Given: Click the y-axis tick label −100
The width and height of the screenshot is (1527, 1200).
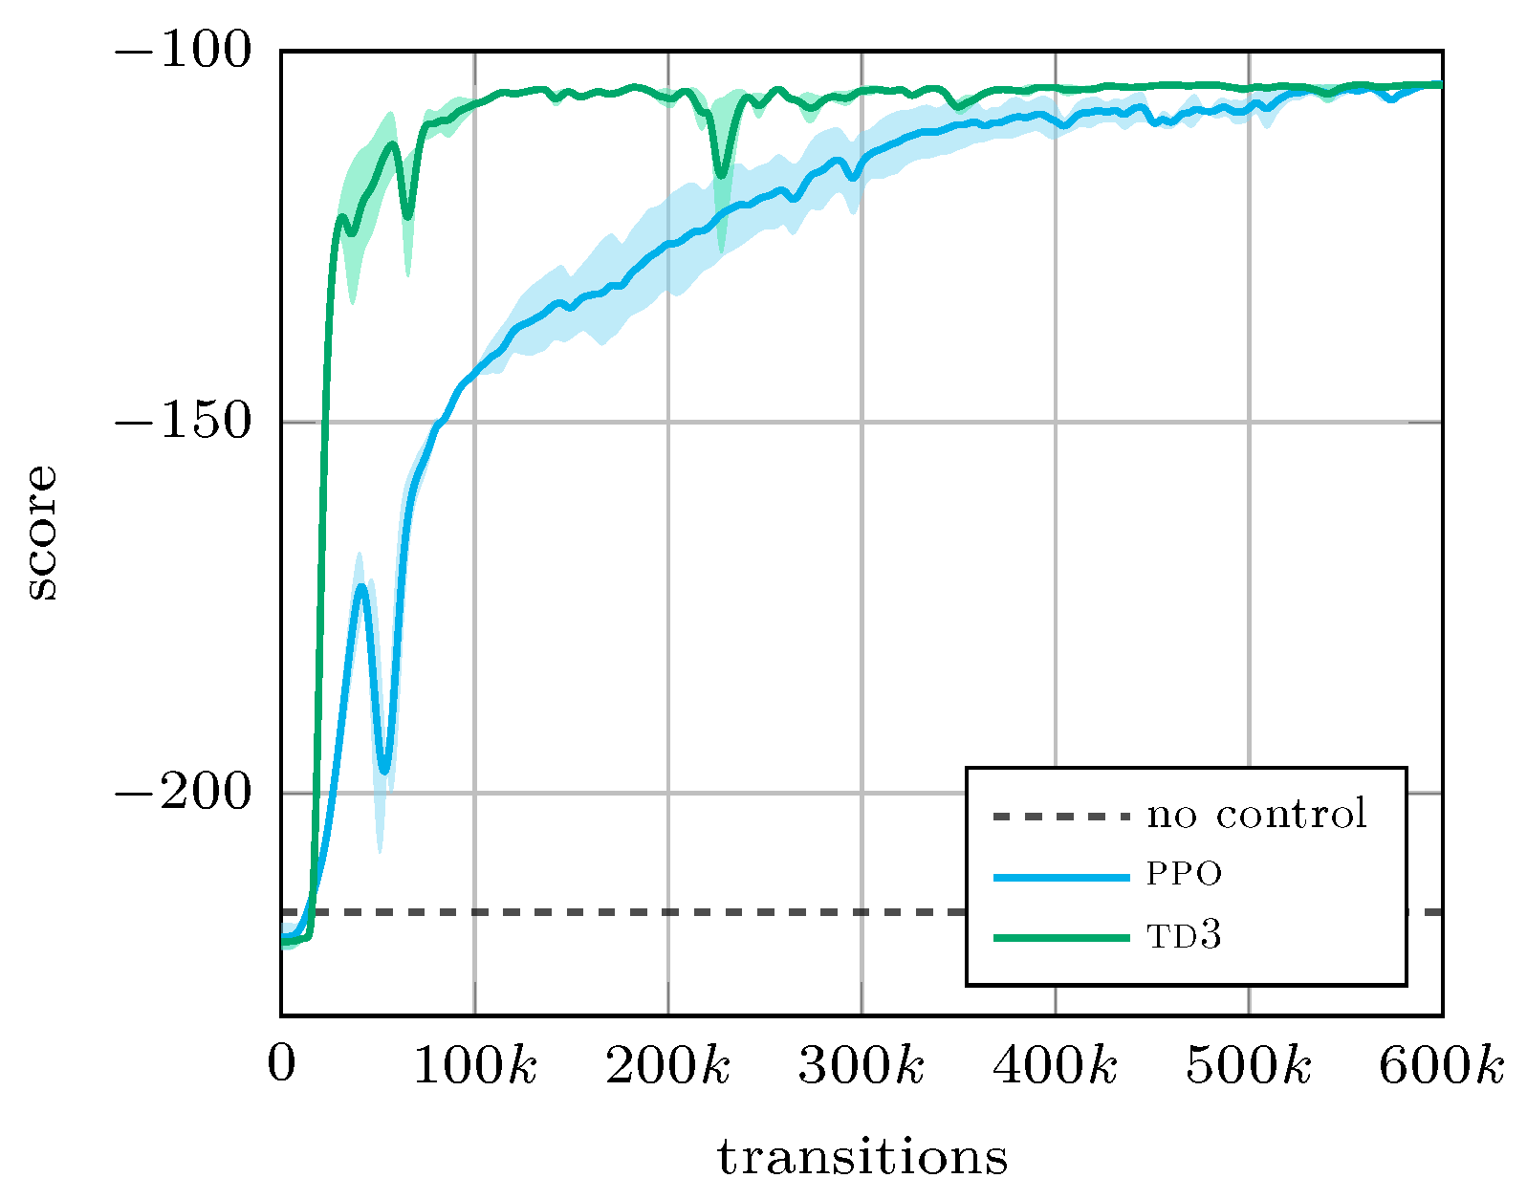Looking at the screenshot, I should click(x=183, y=50).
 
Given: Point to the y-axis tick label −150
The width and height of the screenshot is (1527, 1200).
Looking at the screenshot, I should click(x=183, y=422).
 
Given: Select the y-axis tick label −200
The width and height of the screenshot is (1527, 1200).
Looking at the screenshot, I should click(x=183, y=793).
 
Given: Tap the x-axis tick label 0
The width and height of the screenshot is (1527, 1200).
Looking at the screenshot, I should click(x=281, y=1064).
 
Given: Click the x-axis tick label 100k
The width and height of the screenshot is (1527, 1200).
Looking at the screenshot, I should click(x=474, y=1065).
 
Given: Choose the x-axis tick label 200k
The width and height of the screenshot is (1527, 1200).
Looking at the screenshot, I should click(x=667, y=1065).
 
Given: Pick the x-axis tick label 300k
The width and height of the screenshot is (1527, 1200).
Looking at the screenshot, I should click(x=862, y=1065).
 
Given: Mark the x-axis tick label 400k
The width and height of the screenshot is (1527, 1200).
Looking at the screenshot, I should click(x=1055, y=1065).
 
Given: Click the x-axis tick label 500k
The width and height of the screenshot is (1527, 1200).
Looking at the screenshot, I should click(x=1249, y=1065).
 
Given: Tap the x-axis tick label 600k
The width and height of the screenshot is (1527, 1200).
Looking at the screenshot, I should click(x=1441, y=1065).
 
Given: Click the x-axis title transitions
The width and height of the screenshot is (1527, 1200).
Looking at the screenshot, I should click(x=862, y=1157).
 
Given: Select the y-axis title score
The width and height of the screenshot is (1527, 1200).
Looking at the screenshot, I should click(x=41, y=533).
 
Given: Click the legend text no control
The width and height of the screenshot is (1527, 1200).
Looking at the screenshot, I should click(x=1257, y=815).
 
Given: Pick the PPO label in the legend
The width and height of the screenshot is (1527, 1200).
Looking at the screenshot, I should click(x=1185, y=875).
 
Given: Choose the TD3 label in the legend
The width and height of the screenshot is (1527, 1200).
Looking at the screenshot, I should click(x=1185, y=936).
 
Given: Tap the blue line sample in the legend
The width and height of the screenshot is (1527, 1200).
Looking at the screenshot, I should click(x=1061, y=877).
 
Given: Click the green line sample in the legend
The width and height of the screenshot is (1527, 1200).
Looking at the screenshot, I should click(x=1061, y=938).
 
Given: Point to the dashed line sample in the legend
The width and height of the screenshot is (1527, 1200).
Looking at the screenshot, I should click(x=1061, y=817).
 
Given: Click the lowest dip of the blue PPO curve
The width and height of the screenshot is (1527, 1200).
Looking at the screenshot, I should click(x=384, y=771).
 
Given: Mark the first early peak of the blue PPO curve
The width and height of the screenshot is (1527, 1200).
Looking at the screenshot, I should click(x=361, y=586).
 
